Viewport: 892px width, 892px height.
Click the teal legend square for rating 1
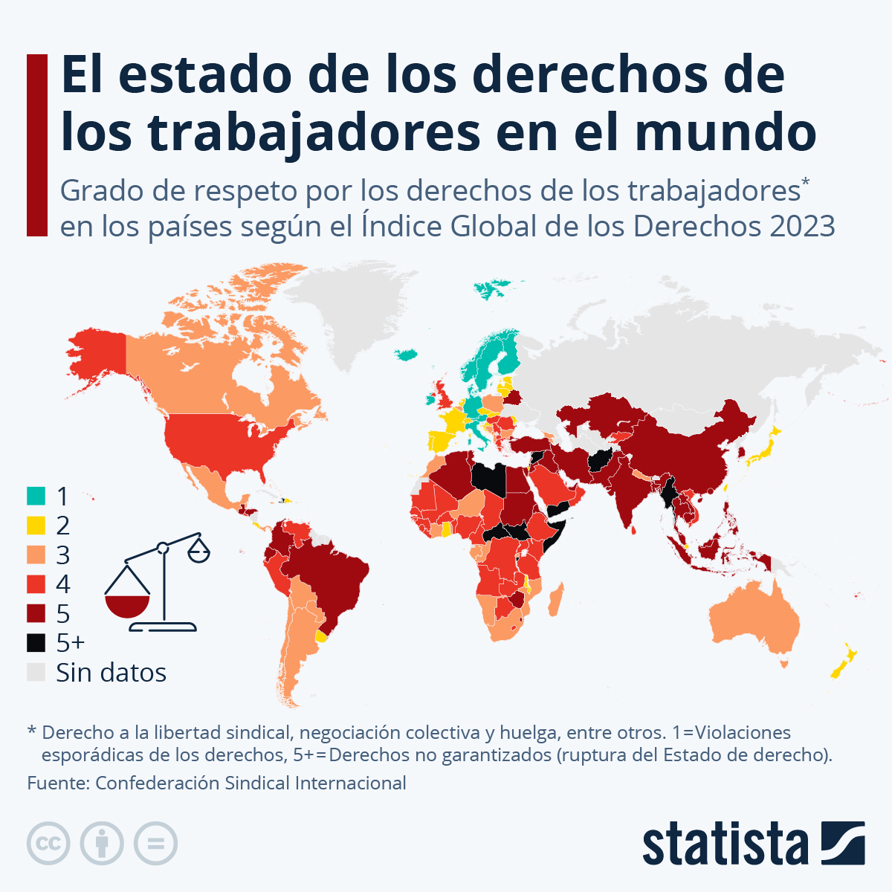[36, 495]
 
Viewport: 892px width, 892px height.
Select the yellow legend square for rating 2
[36, 525]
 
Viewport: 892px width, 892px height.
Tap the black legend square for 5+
[36, 642]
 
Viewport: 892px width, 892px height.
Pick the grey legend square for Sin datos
[36, 672]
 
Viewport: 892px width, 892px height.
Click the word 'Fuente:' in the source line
[58, 783]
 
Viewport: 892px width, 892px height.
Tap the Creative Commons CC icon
[48, 844]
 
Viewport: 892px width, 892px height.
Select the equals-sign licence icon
[155, 844]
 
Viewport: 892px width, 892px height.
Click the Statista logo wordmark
[725, 844]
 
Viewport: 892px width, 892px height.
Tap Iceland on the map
[406, 355]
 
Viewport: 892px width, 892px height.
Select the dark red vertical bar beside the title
[37, 145]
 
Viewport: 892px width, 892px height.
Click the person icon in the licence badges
[102, 844]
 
